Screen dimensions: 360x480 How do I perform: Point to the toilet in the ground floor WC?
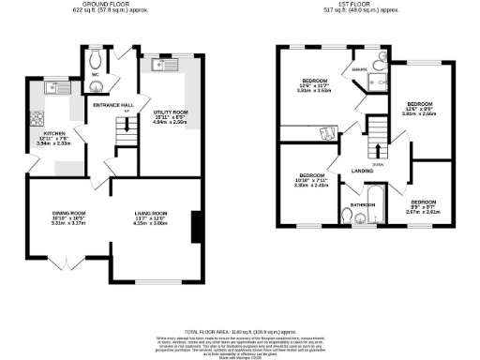[96, 70]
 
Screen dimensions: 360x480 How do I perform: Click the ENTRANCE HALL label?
[112, 105]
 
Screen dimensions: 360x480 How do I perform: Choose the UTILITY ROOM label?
[172, 112]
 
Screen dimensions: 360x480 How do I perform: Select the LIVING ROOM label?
[150, 214]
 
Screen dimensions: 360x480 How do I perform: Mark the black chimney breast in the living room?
[195, 228]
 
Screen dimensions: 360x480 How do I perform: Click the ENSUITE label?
[359, 68]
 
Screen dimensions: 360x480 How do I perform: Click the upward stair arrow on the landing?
[378, 147]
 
